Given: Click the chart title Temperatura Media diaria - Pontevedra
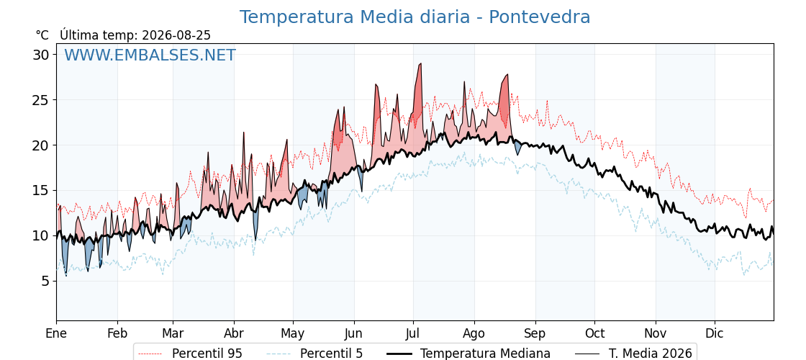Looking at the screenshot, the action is pyautogui.click(x=415, y=17).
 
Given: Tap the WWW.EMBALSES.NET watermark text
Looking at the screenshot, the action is pyautogui.click(x=150, y=55).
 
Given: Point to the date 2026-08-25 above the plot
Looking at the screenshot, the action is pyautogui.click(x=176, y=35).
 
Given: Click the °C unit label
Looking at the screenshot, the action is pyautogui.click(x=42, y=35).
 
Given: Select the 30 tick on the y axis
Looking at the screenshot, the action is pyautogui.click(x=41, y=55).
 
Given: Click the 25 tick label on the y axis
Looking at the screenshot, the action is pyautogui.click(x=41, y=100).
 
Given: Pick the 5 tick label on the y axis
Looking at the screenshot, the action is pyautogui.click(x=45, y=282).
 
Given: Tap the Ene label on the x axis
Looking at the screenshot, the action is pyautogui.click(x=56, y=334).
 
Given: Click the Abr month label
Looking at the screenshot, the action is pyautogui.click(x=234, y=334).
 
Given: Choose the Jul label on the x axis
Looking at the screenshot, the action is pyautogui.click(x=413, y=334).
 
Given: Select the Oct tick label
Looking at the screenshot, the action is pyautogui.click(x=594, y=334).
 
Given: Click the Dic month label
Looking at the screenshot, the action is pyautogui.click(x=715, y=334).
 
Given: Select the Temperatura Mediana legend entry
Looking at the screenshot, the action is pyautogui.click(x=468, y=354).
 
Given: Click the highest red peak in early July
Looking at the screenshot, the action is pyautogui.click(x=420, y=64).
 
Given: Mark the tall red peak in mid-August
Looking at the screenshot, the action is pyautogui.click(x=507, y=75).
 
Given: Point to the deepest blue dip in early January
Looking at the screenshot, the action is pyautogui.click(x=65, y=276).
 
